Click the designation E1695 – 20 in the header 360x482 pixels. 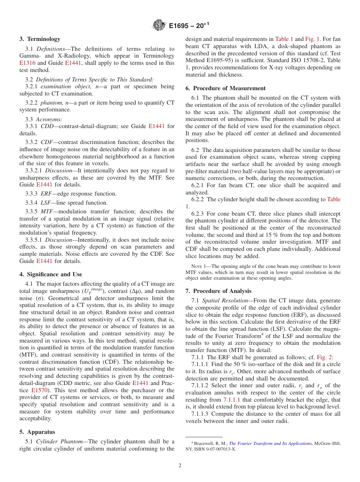(x=187, y=26)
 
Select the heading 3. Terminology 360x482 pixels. (x=40, y=39)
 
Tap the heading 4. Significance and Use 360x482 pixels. (x=51, y=274)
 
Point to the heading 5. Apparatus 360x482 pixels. (x=37, y=432)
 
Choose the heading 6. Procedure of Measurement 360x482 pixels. (x=225, y=88)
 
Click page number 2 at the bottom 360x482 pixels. (x=180, y=466)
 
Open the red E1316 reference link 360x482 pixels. (x=27, y=63)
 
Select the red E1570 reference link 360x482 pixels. (x=39, y=390)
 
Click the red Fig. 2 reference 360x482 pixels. (x=324, y=357)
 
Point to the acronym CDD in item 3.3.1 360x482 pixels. (x=47, y=126)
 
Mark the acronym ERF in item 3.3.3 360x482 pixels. (x=47, y=194)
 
